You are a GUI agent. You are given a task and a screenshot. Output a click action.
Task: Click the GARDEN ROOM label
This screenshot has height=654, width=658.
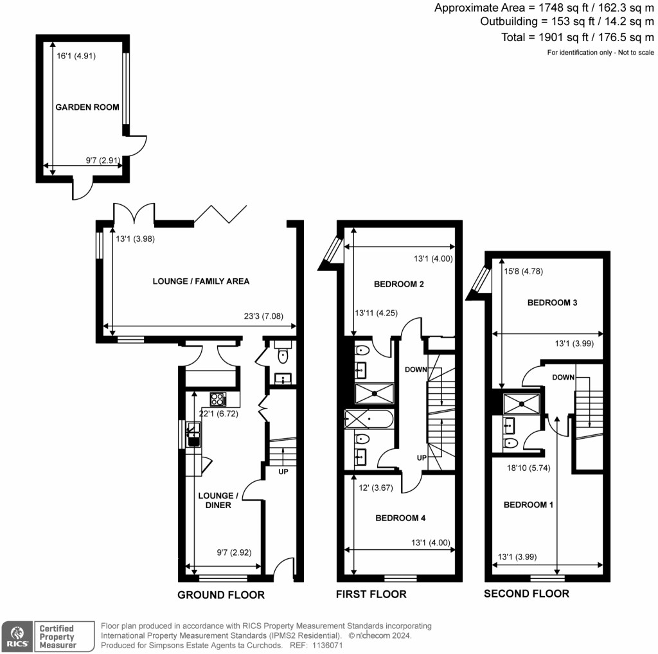pos(87,107)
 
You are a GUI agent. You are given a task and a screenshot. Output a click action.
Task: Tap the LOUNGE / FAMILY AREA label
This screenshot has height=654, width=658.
pos(200,281)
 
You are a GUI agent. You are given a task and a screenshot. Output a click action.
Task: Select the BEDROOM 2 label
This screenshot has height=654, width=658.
pos(398,283)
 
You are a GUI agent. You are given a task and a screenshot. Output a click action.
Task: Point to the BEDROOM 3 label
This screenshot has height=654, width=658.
pos(552,303)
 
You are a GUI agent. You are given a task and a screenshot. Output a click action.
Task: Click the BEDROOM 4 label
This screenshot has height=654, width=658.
pos(400,517)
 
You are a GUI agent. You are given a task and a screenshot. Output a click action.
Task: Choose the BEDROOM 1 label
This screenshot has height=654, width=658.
pos(528,505)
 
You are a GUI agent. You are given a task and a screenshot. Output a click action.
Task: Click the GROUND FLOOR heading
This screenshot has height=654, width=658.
pos(220,595)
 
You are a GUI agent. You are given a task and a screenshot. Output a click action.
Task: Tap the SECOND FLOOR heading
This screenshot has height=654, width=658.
pos(526,594)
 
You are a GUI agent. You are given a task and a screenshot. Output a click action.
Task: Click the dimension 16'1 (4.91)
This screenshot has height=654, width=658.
pos(76,55)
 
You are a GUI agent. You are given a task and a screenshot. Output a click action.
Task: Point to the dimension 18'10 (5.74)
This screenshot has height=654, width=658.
pos(525,468)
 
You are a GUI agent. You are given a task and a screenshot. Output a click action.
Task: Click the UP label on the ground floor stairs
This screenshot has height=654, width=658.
pos(282,472)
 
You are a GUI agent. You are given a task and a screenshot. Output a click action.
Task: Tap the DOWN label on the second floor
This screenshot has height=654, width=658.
pos(563,378)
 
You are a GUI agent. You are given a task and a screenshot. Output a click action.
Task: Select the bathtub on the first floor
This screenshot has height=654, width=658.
pos(369,420)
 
